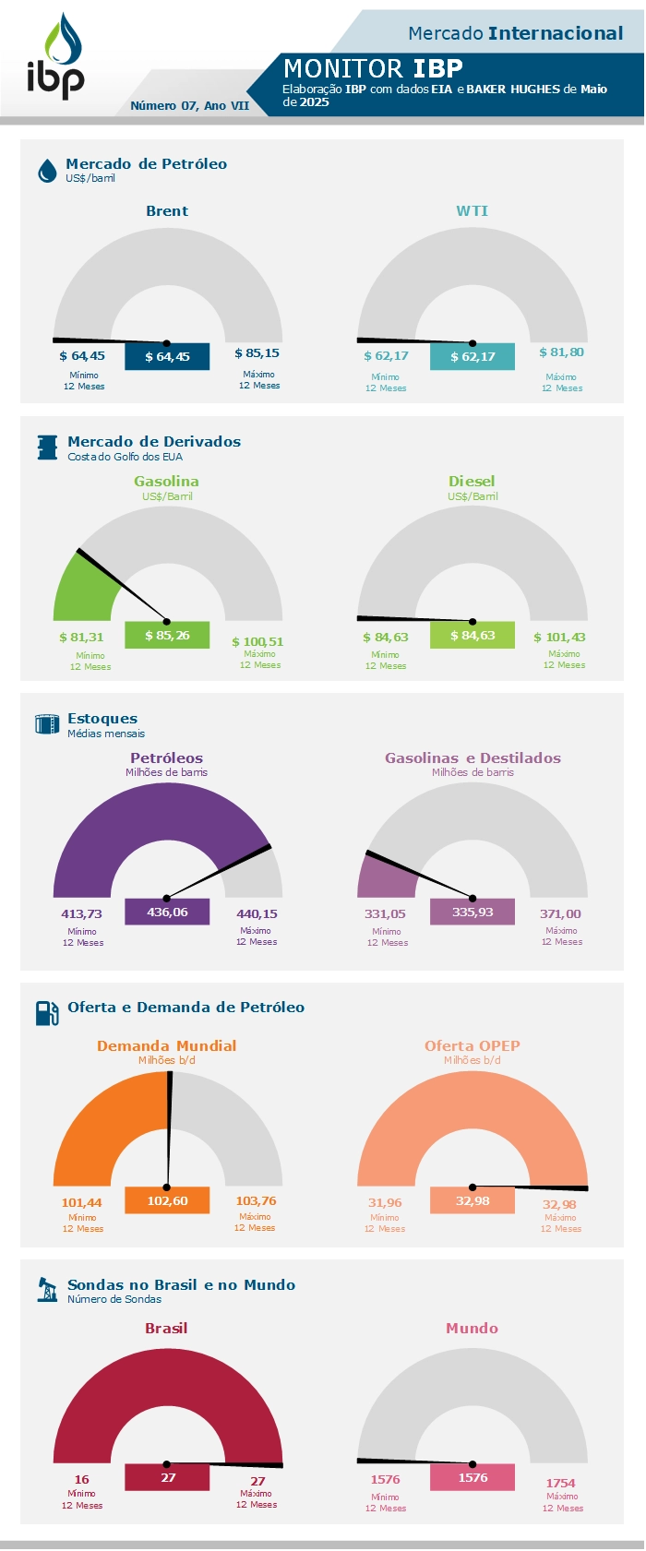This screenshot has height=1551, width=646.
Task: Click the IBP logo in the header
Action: pyautogui.click(x=55, y=57)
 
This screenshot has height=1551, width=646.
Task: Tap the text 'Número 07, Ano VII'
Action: pyautogui.click(x=189, y=106)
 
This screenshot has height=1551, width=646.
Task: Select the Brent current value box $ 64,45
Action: pyautogui.click(x=167, y=357)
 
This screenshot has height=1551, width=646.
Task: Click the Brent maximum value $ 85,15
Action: pyautogui.click(x=257, y=353)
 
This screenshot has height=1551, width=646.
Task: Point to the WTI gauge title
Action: pyautogui.click(x=472, y=211)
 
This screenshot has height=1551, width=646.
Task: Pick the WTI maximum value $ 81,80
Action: pyautogui.click(x=561, y=352)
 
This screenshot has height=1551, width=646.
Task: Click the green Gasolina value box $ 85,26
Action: pyautogui.click(x=167, y=636)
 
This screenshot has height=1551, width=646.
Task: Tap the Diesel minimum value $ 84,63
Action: pyautogui.click(x=386, y=638)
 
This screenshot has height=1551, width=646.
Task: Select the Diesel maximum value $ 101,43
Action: pyautogui.click(x=559, y=638)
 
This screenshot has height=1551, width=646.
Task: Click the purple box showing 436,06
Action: pyautogui.click(x=167, y=913)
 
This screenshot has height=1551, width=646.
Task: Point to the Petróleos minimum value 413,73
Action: pyautogui.click(x=81, y=914)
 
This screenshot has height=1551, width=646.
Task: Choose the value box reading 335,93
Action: pyautogui.click(x=472, y=913)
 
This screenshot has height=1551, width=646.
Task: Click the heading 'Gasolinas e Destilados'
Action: pyautogui.click(x=473, y=758)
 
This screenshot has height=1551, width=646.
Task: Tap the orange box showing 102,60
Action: pyautogui.click(x=167, y=1201)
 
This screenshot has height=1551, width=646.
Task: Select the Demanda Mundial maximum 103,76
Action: pyautogui.click(x=256, y=1201)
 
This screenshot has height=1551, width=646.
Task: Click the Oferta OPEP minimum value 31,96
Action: pyautogui.click(x=385, y=1203)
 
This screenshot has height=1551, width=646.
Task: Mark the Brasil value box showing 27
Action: pyautogui.click(x=167, y=1478)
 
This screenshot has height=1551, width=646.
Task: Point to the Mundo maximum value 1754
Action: pyautogui.click(x=560, y=1484)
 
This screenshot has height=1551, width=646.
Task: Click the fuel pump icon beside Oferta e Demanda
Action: pyautogui.click(x=47, y=1013)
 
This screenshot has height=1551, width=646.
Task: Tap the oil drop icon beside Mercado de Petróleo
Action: pyautogui.click(x=47, y=171)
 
